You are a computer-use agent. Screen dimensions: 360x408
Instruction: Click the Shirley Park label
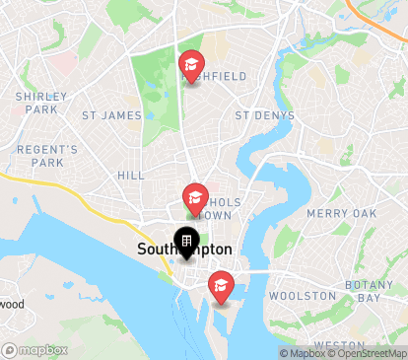41,103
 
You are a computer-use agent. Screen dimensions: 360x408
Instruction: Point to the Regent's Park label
46,155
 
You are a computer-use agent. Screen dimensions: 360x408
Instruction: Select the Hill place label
131,175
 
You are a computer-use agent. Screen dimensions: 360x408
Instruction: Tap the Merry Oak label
341,213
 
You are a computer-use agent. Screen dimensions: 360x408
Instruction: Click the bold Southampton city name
185,251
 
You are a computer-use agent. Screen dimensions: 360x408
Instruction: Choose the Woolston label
303,295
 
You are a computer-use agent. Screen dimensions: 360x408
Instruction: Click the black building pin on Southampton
185,242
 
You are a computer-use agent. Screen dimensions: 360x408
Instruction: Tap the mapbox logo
41,349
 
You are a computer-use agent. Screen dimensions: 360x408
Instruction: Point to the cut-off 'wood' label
12,304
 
